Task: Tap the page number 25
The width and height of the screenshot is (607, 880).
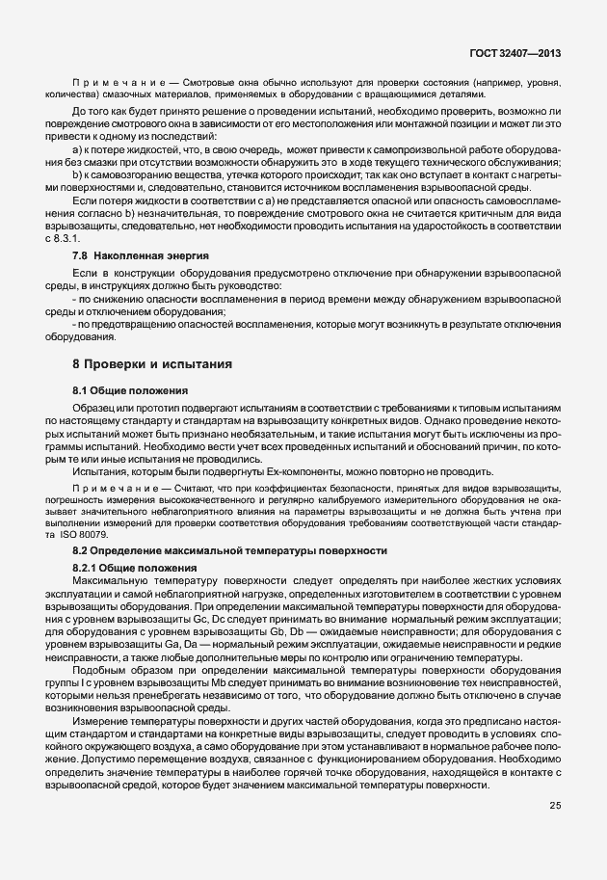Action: (556, 806)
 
